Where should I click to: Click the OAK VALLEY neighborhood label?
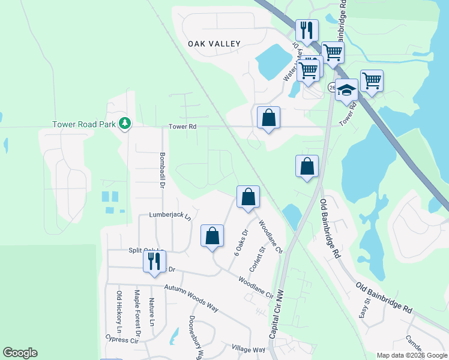pos(214,44)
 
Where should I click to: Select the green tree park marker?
pos(125,124)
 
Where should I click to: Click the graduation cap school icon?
pos(346,90)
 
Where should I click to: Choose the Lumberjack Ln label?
pos(169,215)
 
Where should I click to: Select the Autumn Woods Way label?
pos(191,298)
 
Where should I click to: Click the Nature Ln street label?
pos(152,313)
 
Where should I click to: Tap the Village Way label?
pos(248,349)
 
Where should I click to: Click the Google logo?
pos(20,353)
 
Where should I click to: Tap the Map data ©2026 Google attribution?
pos(411,355)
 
